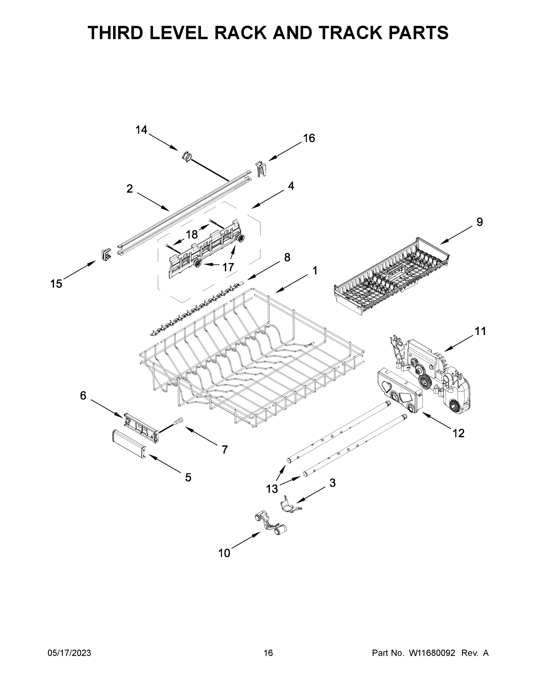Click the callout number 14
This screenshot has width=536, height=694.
coord(141,130)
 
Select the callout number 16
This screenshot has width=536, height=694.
coord(309,138)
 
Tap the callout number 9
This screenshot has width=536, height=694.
coord(479,222)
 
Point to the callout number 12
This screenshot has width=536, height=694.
coord(458,433)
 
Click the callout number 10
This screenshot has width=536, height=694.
coord(224,553)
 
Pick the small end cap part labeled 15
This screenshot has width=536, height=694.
coord(106,254)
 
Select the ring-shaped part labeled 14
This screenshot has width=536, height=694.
coord(187,157)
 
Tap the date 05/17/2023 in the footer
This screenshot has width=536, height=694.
coord(69,653)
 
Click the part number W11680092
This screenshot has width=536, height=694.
coord(432,653)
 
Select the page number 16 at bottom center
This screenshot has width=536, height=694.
coord(268,653)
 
